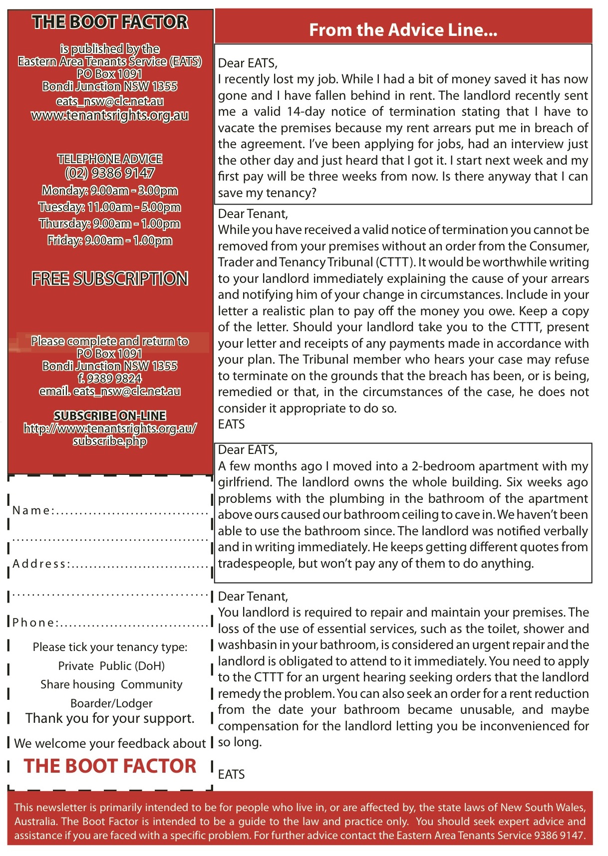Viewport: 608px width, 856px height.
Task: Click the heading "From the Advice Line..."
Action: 403,30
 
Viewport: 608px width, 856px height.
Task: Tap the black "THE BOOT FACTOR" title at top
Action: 110,22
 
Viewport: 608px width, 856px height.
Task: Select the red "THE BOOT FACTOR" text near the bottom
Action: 110,766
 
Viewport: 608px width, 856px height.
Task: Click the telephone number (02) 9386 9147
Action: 110,173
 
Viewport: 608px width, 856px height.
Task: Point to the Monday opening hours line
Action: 110,191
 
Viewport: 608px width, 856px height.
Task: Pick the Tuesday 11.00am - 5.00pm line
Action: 110,207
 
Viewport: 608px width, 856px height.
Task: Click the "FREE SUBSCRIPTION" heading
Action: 110,278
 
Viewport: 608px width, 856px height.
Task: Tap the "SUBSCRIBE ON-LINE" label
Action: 110,416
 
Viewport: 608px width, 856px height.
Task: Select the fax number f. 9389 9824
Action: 110,379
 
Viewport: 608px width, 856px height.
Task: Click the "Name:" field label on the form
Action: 32,510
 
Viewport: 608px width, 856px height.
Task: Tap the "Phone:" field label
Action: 35,623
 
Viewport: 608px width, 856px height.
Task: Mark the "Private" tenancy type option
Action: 76,666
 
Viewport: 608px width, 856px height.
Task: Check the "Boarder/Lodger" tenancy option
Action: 111,703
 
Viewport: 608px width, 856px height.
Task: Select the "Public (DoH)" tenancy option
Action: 132,666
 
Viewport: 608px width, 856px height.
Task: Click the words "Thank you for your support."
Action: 110,718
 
